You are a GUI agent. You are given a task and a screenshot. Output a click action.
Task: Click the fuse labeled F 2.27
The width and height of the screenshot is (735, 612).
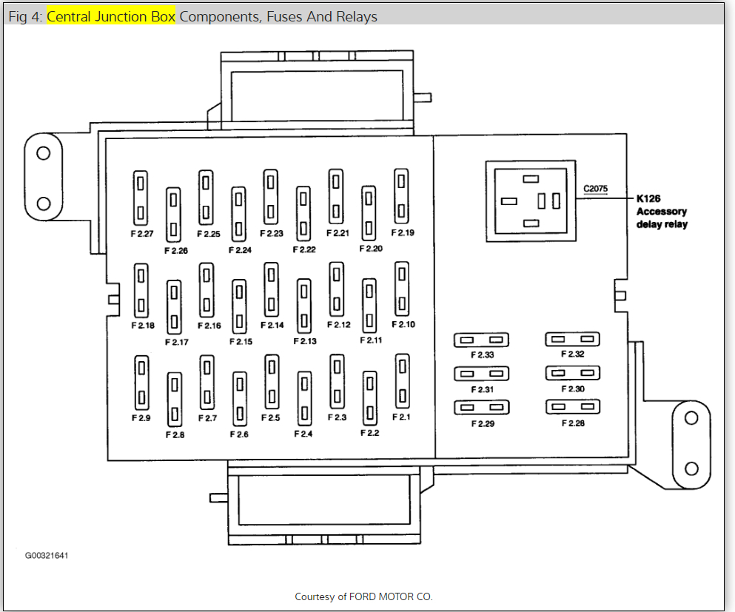(141, 198)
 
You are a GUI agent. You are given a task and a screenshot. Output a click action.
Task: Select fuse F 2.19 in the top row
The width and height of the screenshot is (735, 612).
(401, 195)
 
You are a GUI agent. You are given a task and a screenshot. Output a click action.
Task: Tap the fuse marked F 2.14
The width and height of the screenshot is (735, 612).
(271, 289)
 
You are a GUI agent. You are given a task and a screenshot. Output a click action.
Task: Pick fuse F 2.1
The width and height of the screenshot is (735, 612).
(402, 380)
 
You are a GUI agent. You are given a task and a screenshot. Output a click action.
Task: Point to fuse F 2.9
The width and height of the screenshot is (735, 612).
(141, 383)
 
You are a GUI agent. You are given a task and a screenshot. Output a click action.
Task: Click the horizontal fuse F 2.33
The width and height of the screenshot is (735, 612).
(481, 340)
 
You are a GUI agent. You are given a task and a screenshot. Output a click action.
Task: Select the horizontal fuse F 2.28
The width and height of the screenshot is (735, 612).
(572, 406)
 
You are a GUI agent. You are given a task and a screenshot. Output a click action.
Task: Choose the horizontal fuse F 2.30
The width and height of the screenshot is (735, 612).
(572, 373)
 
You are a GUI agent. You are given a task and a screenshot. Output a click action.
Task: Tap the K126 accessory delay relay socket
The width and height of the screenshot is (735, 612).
(530, 201)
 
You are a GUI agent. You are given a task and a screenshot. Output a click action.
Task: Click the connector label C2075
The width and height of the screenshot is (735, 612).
(595, 189)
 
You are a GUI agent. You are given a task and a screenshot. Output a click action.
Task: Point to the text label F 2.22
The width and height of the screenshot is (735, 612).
(304, 250)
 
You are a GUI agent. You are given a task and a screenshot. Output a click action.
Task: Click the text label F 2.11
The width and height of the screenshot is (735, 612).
(371, 341)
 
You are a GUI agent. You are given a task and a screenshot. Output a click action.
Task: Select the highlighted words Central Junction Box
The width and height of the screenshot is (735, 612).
(111, 16)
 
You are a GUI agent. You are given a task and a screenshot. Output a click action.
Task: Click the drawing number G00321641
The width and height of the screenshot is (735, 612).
(52, 555)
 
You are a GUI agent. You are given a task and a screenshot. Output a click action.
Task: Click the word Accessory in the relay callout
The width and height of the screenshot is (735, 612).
(662, 212)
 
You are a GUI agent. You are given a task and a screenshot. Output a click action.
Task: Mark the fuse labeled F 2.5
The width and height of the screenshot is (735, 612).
(271, 381)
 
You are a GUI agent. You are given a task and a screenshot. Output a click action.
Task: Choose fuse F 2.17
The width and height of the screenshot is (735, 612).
(174, 306)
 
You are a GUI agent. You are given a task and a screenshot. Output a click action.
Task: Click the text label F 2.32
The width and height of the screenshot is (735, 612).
(572, 354)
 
